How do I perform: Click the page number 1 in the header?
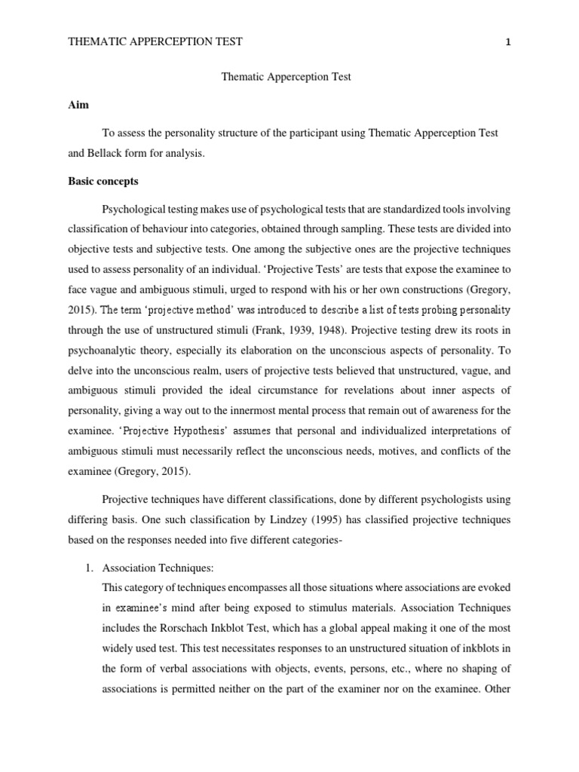510,42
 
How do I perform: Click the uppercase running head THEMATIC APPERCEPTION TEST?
155,42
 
